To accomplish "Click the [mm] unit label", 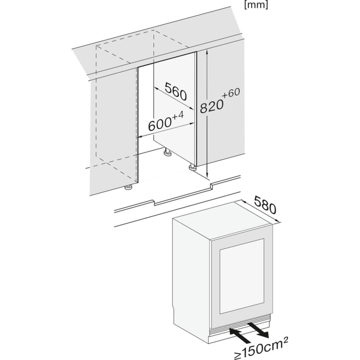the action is click(x=256, y=5).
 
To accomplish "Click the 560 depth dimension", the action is click(x=176, y=92).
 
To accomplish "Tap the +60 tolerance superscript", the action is click(x=231, y=93).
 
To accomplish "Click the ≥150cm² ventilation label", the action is click(x=261, y=348).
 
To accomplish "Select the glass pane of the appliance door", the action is click(x=242, y=276).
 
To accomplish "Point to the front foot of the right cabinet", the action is click(x=192, y=168).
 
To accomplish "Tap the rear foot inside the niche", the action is click(x=166, y=152).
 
